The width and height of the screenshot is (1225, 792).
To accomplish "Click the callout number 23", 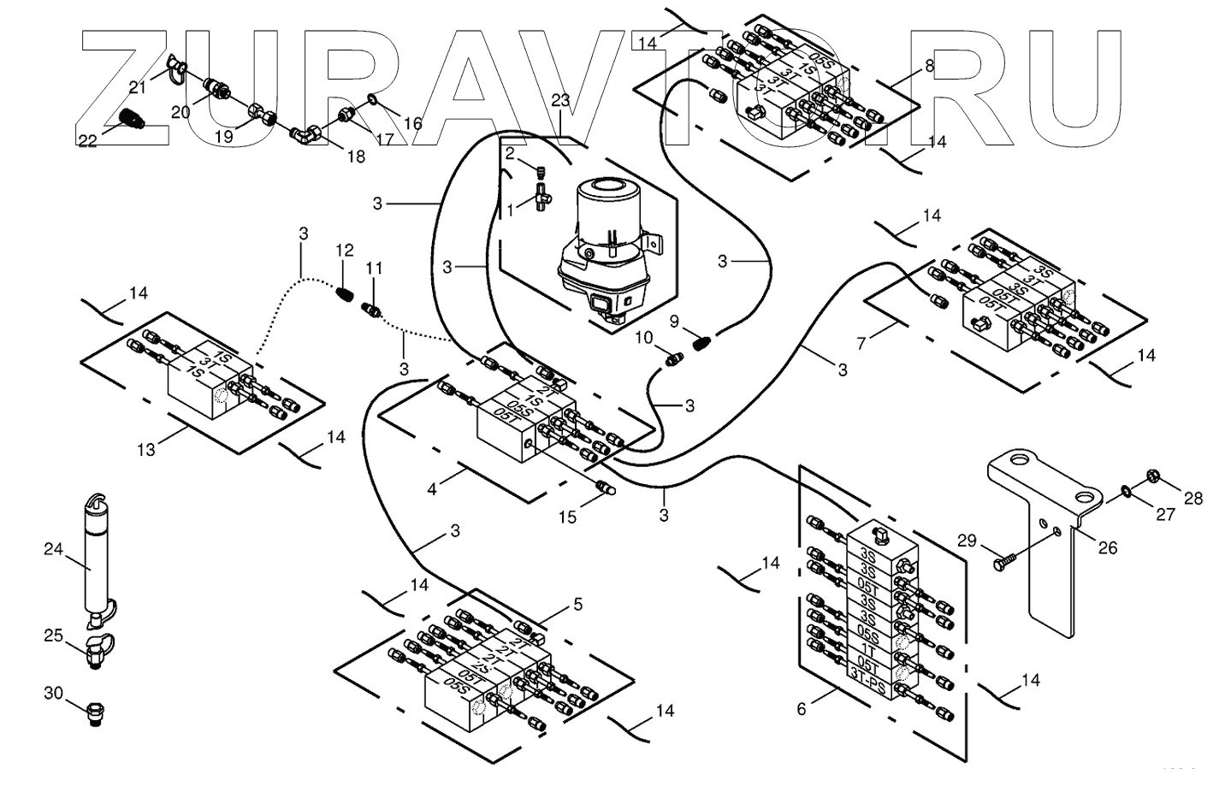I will [560, 101].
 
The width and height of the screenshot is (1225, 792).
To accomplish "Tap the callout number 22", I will [88, 139].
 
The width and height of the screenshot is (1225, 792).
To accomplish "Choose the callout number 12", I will [344, 251].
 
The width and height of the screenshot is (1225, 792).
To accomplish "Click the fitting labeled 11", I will [373, 308].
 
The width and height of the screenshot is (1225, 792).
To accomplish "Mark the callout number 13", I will [147, 450].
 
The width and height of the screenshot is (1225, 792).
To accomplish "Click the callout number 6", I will [802, 709].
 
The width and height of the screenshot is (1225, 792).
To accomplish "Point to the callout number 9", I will [674, 322].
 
